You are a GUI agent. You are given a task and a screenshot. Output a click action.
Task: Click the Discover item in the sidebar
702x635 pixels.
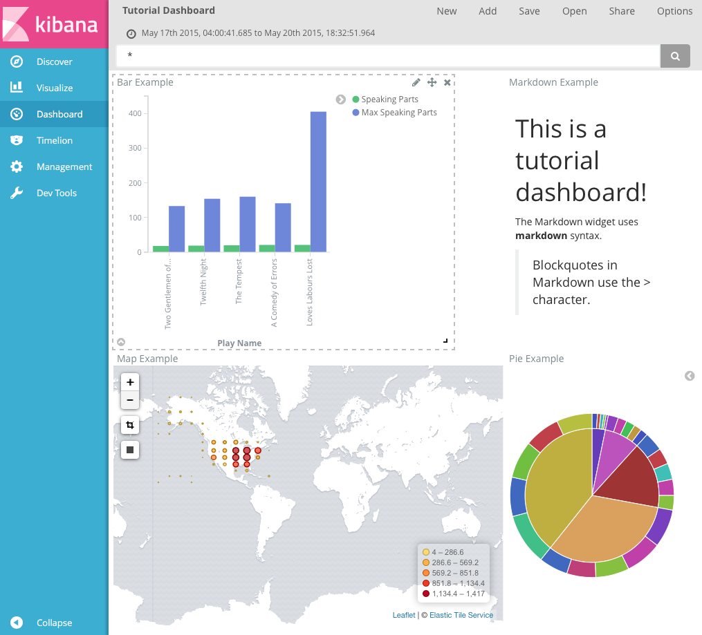click(54, 62)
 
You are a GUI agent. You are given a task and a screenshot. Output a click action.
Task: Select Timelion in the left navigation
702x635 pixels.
click(54, 140)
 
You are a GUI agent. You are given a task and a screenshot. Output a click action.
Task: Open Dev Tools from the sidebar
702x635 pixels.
click(56, 193)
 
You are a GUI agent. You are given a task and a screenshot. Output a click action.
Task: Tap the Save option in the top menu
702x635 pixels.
click(529, 11)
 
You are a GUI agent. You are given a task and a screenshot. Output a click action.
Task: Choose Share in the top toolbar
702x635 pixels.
click(622, 11)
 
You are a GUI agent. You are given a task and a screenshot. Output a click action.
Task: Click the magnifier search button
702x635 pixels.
click(675, 56)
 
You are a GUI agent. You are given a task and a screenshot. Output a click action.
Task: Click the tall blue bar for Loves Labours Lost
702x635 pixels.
click(318, 182)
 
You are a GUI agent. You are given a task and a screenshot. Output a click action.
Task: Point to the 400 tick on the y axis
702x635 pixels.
click(134, 113)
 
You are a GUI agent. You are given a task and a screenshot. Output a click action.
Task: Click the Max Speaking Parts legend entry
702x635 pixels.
click(398, 113)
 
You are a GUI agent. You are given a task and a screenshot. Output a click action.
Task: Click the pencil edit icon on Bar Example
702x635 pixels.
click(416, 82)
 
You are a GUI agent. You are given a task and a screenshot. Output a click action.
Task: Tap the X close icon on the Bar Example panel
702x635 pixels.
click(447, 82)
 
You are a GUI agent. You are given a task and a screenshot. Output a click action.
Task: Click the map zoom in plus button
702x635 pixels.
click(130, 382)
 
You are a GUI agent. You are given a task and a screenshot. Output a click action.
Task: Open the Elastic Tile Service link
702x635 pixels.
click(461, 615)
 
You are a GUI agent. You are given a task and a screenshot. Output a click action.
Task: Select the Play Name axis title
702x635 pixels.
click(239, 343)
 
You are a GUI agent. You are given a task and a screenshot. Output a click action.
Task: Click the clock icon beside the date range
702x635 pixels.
click(131, 33)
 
